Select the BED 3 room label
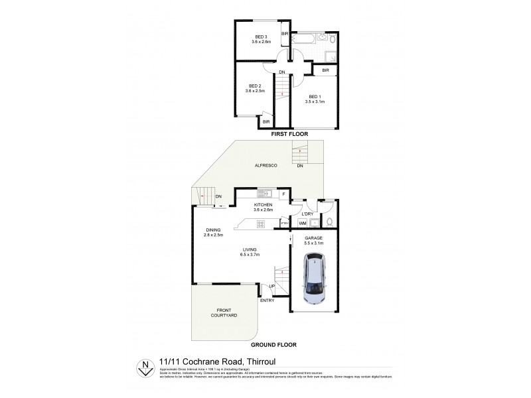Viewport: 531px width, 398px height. [x=261, y=36]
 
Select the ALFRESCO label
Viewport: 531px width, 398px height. [x=265, y=165]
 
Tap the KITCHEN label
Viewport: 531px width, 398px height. [x=263, y=205]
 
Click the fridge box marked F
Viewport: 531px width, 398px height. [x=284, y=194]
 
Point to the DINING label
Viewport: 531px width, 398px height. [x=213, y=230]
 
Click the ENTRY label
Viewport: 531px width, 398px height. [x=267, y=300]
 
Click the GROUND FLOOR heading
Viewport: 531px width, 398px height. [x=273, y=345]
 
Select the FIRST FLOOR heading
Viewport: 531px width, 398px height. [x=289, y=134]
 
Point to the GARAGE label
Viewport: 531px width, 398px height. [x=313, y=238]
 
